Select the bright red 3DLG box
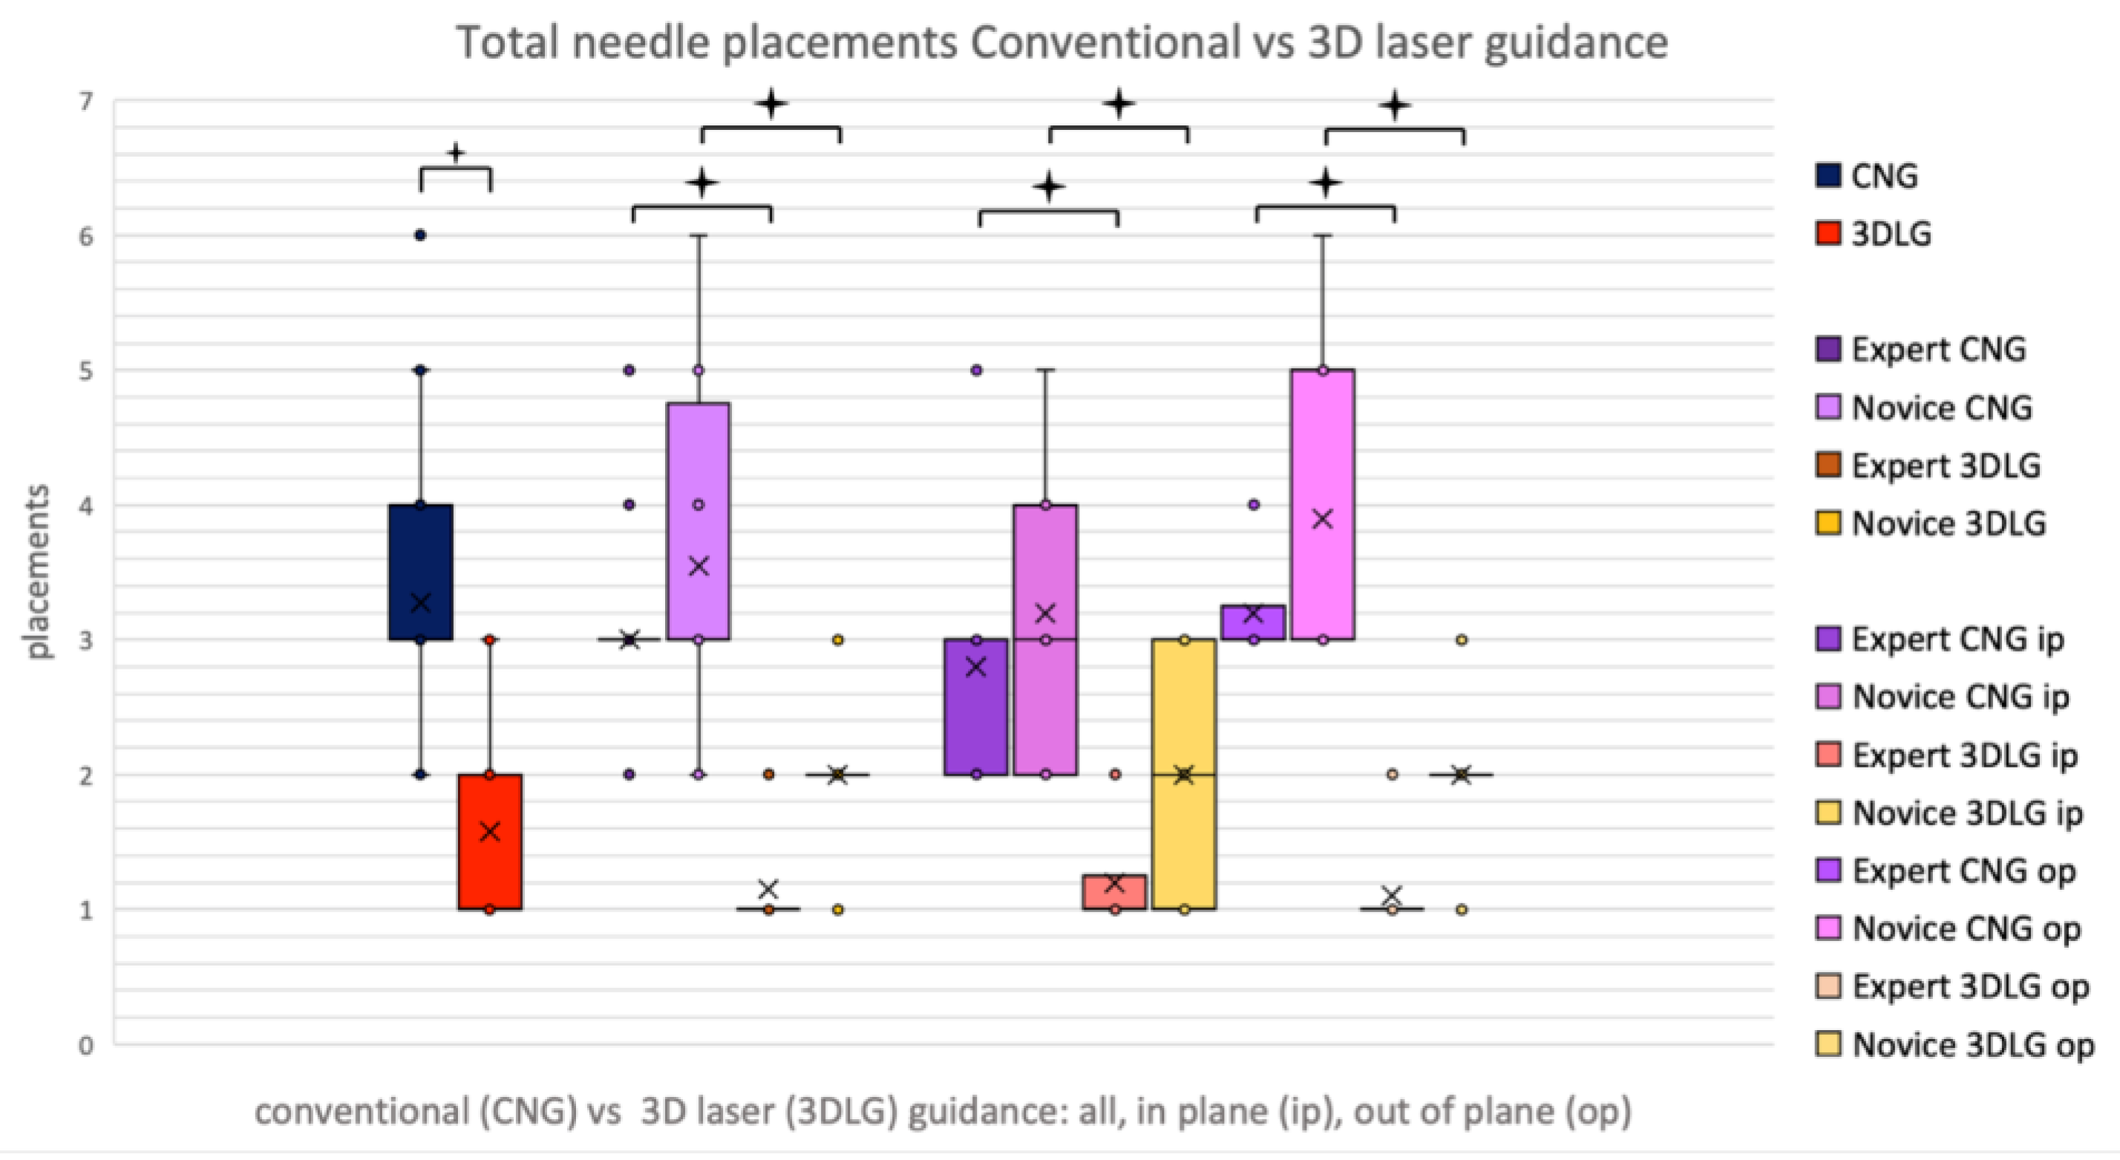click(x=490, y=872)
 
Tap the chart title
click(x=1061, y=43)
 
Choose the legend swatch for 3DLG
click(x=1828, y=235)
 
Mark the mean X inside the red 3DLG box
click(x=490, y=832)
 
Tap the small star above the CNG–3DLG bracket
click(x=456, y=153)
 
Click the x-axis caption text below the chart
click(x=942, y=1112)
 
